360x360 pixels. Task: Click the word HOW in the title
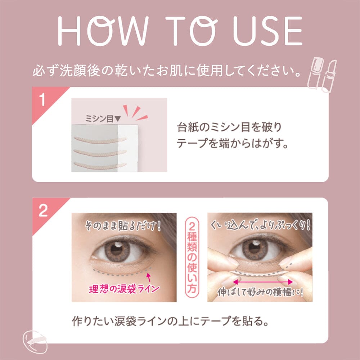[103, 31]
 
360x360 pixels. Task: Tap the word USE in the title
[267, 31]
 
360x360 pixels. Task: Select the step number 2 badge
[43, 210]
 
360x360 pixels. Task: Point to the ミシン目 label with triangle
[103, 119]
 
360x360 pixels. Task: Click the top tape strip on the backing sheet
[100, 140]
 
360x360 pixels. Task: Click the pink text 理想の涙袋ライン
[124, 289]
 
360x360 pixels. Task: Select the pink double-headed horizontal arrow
[263, 282]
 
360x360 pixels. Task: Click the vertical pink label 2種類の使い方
[192, 257]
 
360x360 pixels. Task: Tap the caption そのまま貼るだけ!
[123, 226]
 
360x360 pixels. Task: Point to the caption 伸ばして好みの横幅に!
[260, 292]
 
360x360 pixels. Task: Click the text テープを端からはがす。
[232, 143]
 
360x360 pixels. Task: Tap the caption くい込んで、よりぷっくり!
[260, 225]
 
